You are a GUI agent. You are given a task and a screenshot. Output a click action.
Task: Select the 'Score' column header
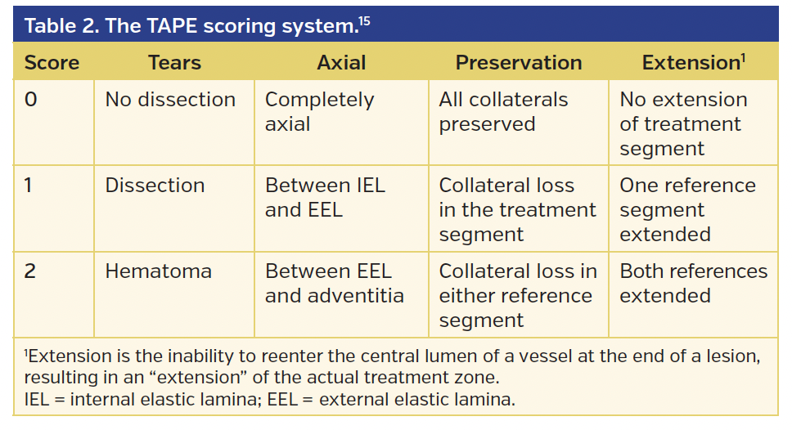(51, 63)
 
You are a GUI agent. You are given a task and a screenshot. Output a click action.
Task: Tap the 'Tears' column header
(174, 63)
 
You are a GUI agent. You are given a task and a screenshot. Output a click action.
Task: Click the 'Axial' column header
(341, 63)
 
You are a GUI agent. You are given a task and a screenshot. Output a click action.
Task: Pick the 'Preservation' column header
(519, 63)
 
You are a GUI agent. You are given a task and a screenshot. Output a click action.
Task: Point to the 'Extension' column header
(692, 63)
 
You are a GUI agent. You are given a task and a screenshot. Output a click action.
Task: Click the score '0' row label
(30, 100)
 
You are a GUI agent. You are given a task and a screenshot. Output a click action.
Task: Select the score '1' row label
(29, 186)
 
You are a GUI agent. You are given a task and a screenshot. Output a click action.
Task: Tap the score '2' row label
(30, 271)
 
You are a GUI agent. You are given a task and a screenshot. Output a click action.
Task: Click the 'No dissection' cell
(170, 100)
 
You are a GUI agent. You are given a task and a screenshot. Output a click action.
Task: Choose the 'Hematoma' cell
(158, 271)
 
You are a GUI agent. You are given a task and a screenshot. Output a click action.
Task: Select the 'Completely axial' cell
(320, 112)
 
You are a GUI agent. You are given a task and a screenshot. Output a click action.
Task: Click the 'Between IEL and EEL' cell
(325, 198)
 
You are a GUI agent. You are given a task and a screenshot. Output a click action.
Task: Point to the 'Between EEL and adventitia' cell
(335, 284)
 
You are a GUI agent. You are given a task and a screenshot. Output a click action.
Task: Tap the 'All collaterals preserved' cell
(503, 112)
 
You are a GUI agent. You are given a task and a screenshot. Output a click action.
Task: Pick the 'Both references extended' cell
(693, 284)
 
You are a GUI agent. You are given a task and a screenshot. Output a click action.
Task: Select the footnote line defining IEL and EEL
(270, 401)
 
